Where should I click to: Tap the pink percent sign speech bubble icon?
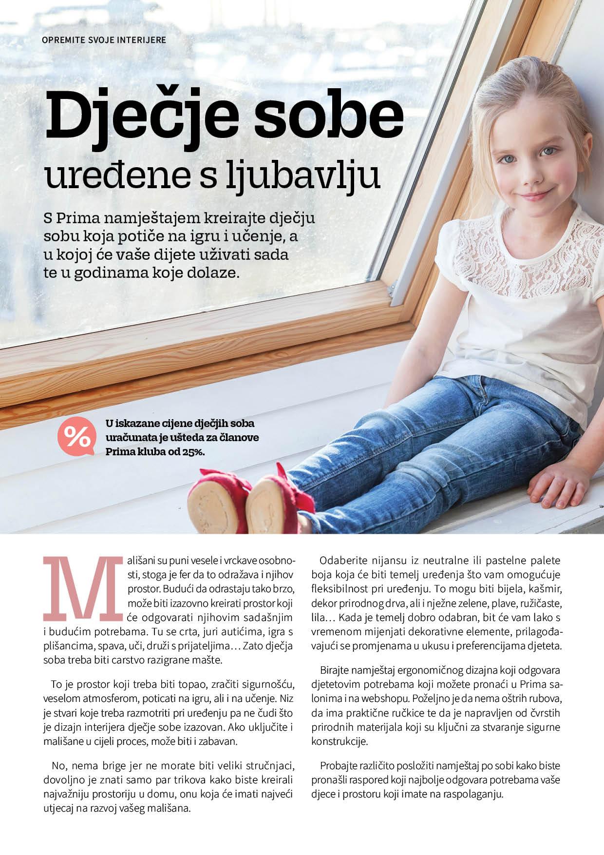coord(75,437)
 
